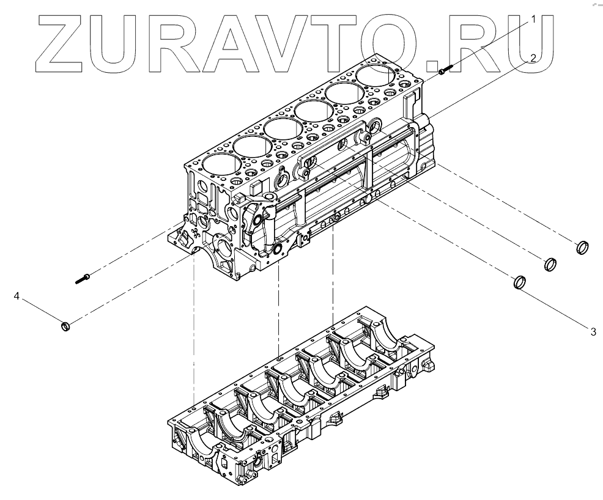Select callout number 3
click(593, 332)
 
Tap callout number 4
click(17, 296)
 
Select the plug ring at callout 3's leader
click(519, 282)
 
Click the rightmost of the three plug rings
click(583, 248)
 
